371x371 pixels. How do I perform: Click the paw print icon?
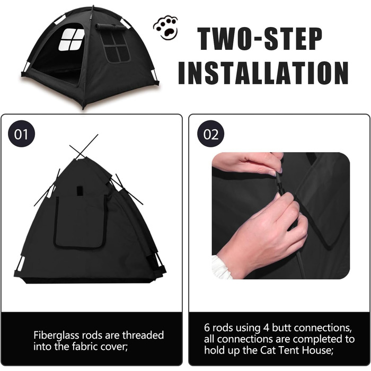click(165, 27)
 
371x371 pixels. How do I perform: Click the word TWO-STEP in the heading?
click(260, 39)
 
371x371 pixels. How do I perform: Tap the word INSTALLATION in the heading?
click(263, 73)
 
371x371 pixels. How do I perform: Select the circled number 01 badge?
click(22, 134)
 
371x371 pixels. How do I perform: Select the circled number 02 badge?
click(210, 134)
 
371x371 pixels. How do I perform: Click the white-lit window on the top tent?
click(71, 40)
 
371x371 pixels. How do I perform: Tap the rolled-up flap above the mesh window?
click(111, 26)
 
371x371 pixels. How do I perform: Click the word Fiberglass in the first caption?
click(56, 335)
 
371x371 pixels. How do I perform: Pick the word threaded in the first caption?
click(143, 335)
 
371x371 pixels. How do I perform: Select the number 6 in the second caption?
click(207, 328)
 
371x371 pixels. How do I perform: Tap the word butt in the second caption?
click(282, 328)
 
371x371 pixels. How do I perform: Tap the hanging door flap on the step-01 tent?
click(80, 223)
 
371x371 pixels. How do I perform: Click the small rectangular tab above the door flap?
click(79, 191)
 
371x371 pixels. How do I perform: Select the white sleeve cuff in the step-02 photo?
click(222, 267)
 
